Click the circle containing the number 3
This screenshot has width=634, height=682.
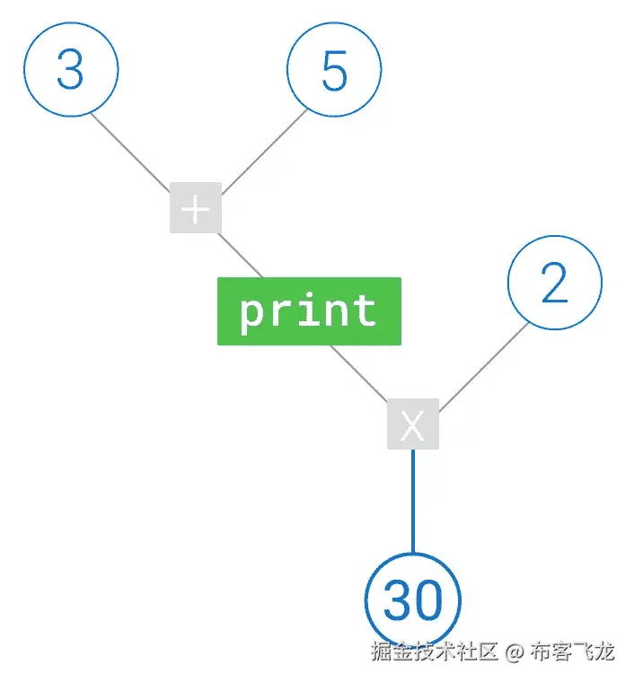70,69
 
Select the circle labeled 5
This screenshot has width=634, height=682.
334,69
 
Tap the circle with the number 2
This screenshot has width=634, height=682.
555,284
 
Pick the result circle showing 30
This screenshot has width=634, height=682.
413,599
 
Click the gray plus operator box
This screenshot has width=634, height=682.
195,208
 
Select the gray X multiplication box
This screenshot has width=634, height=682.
412,424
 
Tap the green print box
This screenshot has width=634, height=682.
309,310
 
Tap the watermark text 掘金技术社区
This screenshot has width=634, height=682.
435,651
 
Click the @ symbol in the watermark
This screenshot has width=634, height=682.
513,652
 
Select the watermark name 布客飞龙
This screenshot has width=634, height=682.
572,651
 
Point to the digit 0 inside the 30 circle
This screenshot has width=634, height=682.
428,600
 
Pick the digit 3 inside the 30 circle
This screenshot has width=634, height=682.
398,600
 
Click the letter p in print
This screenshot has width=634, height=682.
251,313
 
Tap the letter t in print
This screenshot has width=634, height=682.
365,310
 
